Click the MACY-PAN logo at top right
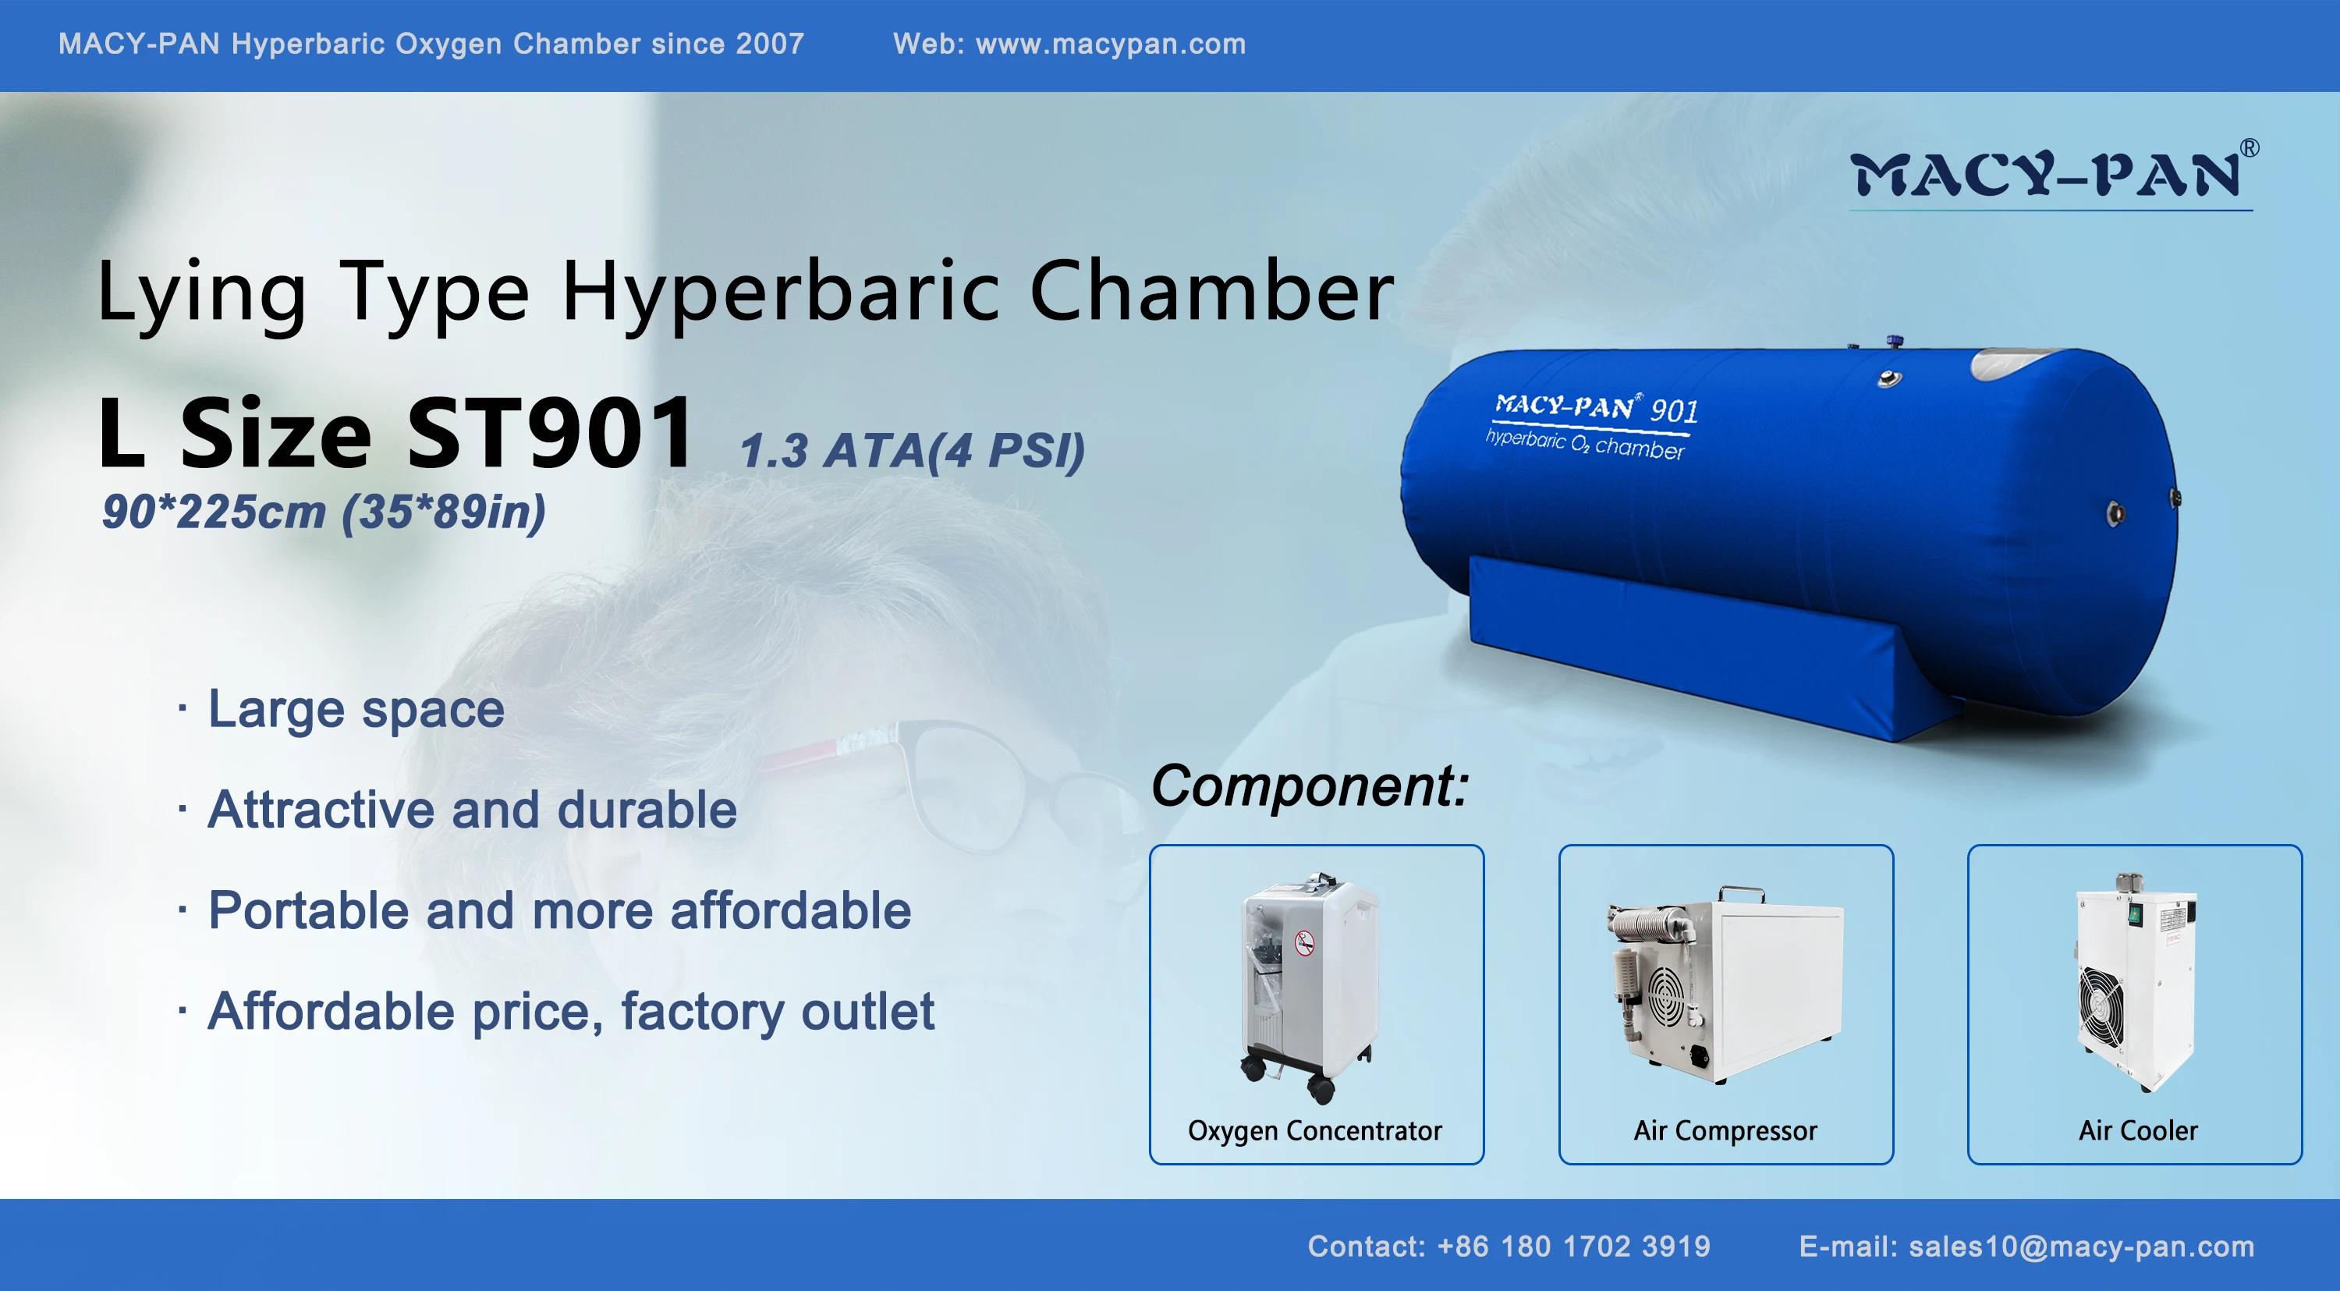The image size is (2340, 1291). coord(2049,175)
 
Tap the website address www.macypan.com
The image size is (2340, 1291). coord(1110,44)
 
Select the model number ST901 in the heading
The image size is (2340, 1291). coord(550,434)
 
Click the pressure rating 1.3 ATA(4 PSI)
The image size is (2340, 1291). coord(912,451)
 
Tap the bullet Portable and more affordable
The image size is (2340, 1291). coord(558,910)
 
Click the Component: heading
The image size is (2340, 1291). coord(1309,786)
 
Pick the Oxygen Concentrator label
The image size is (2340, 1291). coord(1314,1131)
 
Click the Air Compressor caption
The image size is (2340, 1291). coord(1725,1131)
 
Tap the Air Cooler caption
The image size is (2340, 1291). coord(2137,1131)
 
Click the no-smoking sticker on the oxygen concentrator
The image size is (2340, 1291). coord(1304,943)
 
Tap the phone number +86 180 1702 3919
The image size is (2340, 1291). coord(1573,1247)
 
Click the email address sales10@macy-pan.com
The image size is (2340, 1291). coord(2081,1247)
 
